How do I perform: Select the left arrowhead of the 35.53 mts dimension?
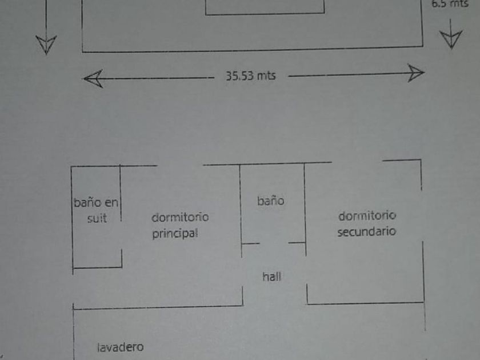pyautogui.click(x=93, y=78)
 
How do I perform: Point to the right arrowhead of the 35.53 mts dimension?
pyautogui.click(x=415, y=73)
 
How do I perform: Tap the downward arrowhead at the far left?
pyautogui.click(x=46, y=44)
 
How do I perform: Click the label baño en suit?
pyautogui.click(x=97, y=210)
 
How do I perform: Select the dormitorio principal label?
pyautogui.click(x=179, y=225)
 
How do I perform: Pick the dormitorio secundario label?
pyautogui.click(x=367, y=224)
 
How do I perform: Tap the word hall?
pyautogui.click(x=271, y=277)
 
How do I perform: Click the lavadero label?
pyautogui.click(x=120, y=347)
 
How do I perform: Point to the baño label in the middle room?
pyautogui.click(x=270, y=201)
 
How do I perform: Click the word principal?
pyautogui.click(x=175, y=234)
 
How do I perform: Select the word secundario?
pyautogui.click(x=367, y=232)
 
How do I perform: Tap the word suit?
pyautogui.click(x=97, y=218)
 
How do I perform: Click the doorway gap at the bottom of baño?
pyautogui.click(x=274, y=243)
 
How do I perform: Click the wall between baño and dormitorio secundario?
pyautogui.click(x=305, y=206)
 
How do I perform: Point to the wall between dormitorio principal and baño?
pyautogui.click(x=240, y=206)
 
